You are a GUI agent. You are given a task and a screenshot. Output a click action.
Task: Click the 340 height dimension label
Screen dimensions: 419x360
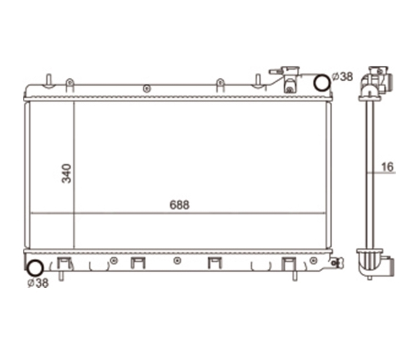pos(66,174)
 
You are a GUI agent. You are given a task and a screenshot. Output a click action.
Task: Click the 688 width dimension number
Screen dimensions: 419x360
pos(180,205)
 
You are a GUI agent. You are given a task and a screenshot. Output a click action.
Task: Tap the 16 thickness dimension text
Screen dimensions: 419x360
pos(388,167)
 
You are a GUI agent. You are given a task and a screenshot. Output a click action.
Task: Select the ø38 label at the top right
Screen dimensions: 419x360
pos(342,77)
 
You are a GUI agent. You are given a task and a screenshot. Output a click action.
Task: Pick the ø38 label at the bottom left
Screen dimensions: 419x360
pos(38,283)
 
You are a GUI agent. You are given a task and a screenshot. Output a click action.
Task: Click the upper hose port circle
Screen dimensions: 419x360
pos(322,83)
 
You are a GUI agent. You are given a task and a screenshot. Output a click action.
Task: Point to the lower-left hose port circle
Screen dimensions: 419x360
pos(35,268)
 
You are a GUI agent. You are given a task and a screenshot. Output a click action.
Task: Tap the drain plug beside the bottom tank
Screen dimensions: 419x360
pos(337,263)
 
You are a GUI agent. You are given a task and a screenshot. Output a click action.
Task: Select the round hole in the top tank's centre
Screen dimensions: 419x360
pos(147,88)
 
